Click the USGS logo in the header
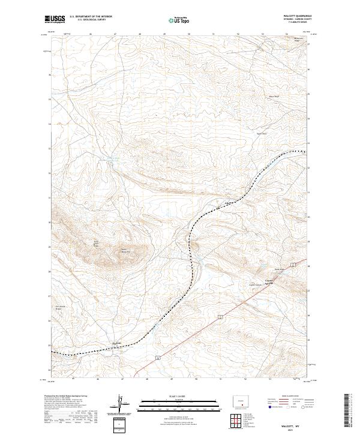point(55,20)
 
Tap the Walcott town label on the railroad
point(118,343)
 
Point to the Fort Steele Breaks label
point(59,308)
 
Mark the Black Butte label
point(274,96)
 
